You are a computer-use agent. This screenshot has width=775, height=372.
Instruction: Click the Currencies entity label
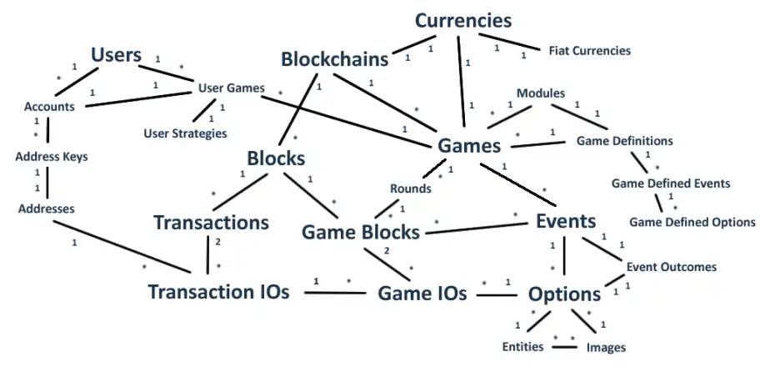pos(463,20)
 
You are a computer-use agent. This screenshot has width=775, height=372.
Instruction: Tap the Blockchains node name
pos(335,60)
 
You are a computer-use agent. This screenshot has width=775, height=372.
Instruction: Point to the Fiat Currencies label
pos(589,51)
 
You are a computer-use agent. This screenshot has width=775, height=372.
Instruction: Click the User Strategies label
pos(185,133)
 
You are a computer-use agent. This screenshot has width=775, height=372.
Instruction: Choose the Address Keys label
pos(51,156)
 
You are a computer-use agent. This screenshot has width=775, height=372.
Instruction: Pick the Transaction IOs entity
pos(219,292)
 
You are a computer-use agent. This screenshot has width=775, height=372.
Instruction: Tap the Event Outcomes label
pos(670,267)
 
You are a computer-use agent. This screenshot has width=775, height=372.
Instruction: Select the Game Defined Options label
pos(692,222)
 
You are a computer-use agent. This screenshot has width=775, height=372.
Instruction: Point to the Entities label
pos(523,347)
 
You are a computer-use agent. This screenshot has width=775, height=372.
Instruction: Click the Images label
pos(606,347)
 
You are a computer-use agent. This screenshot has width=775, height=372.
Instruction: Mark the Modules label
pos(541,93)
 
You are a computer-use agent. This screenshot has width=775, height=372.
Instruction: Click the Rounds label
pos(411,188)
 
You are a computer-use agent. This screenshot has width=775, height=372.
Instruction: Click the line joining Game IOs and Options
pos(497,294)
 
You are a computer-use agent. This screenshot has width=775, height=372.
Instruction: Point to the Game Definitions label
pos(624,140)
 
